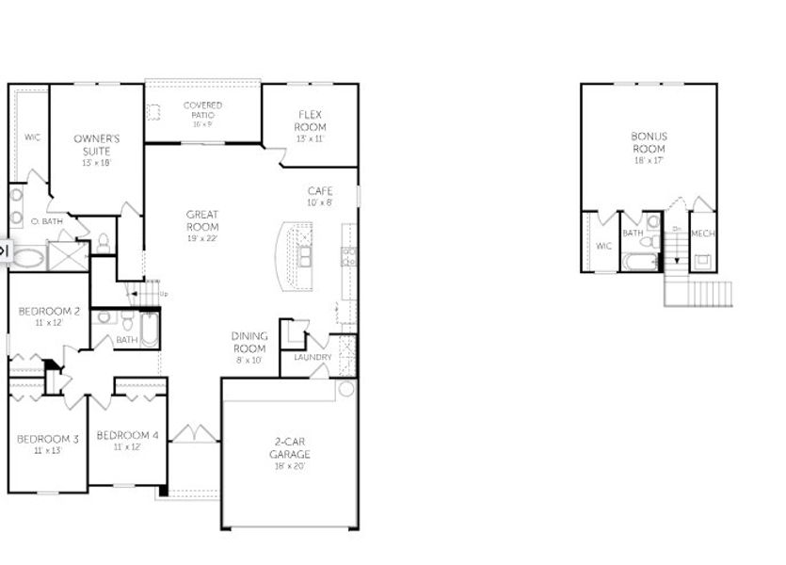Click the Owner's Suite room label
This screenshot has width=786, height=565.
coord(97,144)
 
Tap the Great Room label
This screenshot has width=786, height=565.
coord(202,220)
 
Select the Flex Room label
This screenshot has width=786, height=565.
coord(310,121)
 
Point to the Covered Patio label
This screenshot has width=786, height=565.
coord(202,110)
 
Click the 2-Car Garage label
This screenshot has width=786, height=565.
coord(291,448)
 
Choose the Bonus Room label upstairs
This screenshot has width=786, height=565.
coord(649,142)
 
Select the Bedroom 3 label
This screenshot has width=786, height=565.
coord(48,438)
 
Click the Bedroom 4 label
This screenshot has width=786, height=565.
coord(127,434)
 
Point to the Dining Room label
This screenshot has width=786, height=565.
coord(249,341)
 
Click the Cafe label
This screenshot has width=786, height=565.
coord(320,191)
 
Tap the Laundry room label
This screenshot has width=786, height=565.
coord(312,357)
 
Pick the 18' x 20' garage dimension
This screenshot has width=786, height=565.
coord(291,466)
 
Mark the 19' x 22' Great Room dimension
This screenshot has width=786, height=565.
coord(202,238)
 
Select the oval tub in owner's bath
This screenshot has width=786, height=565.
coord(26,256)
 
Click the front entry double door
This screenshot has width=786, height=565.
coord(194,433)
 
